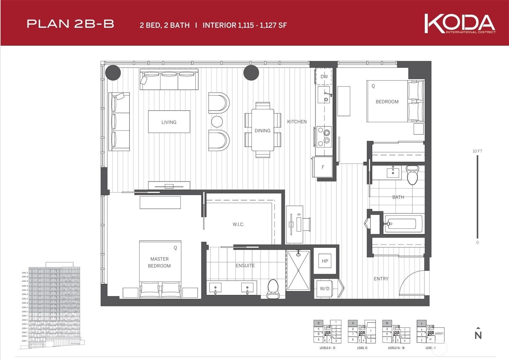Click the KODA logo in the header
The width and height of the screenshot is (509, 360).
460,23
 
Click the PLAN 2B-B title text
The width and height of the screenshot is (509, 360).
70,24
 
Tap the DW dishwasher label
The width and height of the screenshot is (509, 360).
324,77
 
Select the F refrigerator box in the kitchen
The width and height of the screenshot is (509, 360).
323,167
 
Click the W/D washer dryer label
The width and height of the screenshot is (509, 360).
324,289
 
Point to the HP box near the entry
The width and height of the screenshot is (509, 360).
325,261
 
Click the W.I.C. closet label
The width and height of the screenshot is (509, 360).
238,224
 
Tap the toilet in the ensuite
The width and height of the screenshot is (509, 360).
273,289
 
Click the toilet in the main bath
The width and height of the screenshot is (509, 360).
412,175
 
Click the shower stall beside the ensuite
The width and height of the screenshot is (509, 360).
298,271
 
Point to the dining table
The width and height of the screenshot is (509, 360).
262,130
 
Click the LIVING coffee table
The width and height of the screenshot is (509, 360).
169,122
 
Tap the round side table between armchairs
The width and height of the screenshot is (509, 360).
217,121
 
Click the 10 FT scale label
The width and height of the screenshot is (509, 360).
477,151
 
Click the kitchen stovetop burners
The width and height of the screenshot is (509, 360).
324,136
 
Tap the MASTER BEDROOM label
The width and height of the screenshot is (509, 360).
159,262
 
